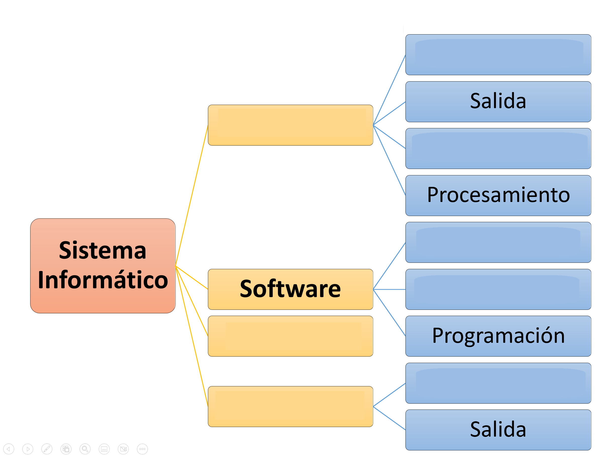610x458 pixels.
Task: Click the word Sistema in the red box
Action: [103, 250]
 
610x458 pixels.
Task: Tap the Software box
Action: [290, 289]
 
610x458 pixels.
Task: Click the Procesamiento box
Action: [498, 195]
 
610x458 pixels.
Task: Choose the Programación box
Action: [498, 336]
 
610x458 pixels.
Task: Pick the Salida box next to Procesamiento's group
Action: [498, 102]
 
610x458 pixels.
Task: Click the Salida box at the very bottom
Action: [498, 430]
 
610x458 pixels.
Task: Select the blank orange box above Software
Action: [290, 125]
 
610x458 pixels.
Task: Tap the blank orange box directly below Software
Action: [290, 336]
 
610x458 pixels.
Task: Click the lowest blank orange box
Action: [290, 406]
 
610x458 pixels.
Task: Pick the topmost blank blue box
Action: [498, 55]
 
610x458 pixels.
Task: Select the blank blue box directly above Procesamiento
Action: [498, 148]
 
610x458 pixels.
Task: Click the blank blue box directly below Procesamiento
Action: [498, 242]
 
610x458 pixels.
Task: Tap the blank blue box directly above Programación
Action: [498, 289]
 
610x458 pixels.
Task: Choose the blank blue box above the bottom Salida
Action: [498, 383]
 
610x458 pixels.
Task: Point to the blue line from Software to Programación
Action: [389, 313]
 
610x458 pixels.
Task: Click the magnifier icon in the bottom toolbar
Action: [85, 449]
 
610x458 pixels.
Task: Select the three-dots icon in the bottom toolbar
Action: [142, 449]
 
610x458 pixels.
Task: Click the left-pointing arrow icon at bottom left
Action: [9, 449]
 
